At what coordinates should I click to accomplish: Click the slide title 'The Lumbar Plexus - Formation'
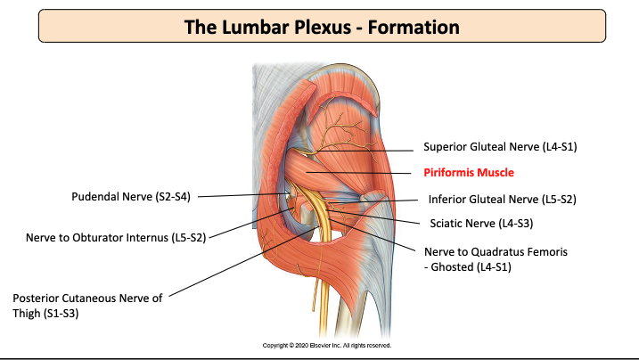pos(322,27)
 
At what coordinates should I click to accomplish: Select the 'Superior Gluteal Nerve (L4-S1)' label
pos(495,145)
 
